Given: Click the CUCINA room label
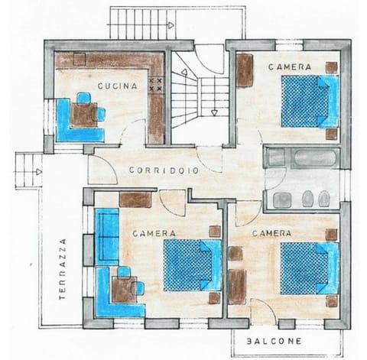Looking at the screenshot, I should pyautogui.click(x=117, y=86).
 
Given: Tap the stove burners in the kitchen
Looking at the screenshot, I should pyautogui.click(x=156, y=85).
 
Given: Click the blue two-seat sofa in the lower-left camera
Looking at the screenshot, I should pyautogui.click(x=104, y=237).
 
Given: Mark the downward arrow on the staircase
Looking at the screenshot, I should pyautogui.click(x=215, y=112).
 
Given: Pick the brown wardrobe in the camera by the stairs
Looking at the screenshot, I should pyautogui.click(x=245, y=72).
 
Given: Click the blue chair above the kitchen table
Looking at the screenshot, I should pyautogui.click(x=83, y=97).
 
